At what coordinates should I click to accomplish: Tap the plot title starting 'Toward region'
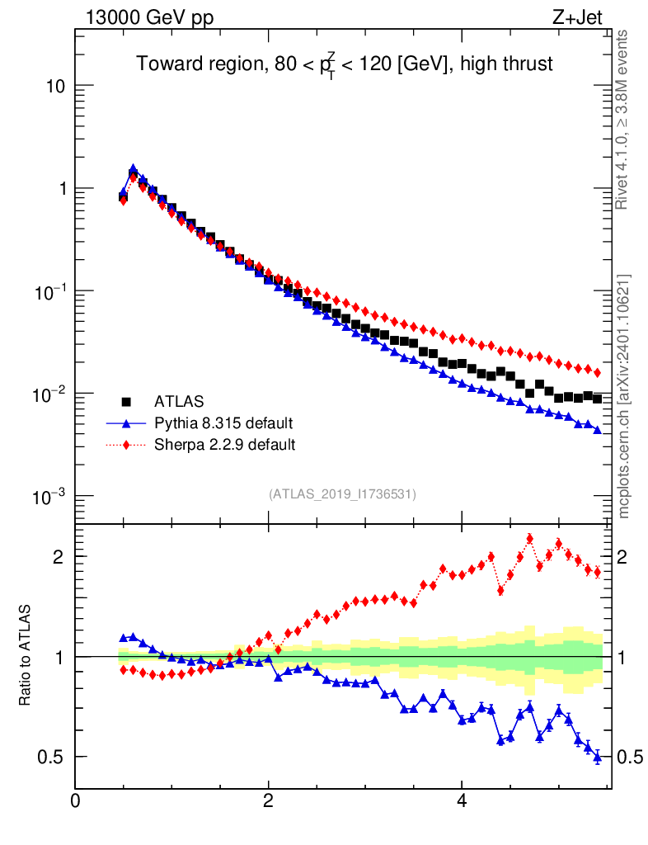tap(344, 64)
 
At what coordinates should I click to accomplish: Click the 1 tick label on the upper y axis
tap(59, 189)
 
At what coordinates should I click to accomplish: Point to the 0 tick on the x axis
tap(76, 800)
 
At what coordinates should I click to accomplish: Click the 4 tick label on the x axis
tap(462, 800)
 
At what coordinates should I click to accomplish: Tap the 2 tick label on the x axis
tap(269, 800)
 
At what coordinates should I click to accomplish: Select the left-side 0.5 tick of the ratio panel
tap(51, 757)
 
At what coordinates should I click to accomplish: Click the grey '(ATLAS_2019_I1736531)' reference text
tap(342, 494)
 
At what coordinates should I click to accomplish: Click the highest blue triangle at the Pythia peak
tap(133, 169)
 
